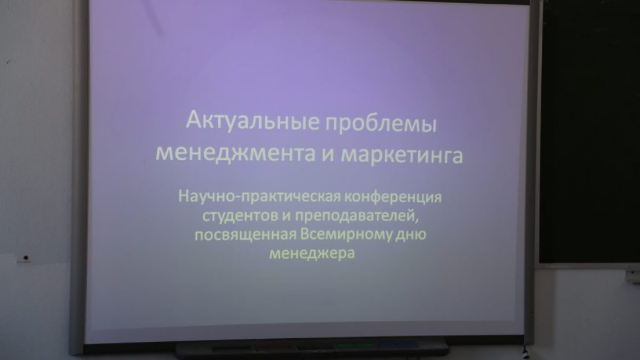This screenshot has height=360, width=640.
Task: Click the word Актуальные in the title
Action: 252,121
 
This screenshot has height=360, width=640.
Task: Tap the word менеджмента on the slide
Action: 235,155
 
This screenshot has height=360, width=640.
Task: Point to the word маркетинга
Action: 402,156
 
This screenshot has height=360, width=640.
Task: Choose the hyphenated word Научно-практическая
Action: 260,197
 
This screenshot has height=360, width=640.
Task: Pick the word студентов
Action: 241,216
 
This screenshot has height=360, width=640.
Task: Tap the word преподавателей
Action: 355,216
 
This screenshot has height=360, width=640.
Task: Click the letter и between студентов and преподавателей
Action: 286,217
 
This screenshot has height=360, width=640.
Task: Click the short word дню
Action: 411,235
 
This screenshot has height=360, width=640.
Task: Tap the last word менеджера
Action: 312,253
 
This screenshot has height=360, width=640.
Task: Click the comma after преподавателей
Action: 417,221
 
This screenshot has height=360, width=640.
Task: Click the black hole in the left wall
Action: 26,258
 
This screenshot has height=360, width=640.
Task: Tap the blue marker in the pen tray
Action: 396,345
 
